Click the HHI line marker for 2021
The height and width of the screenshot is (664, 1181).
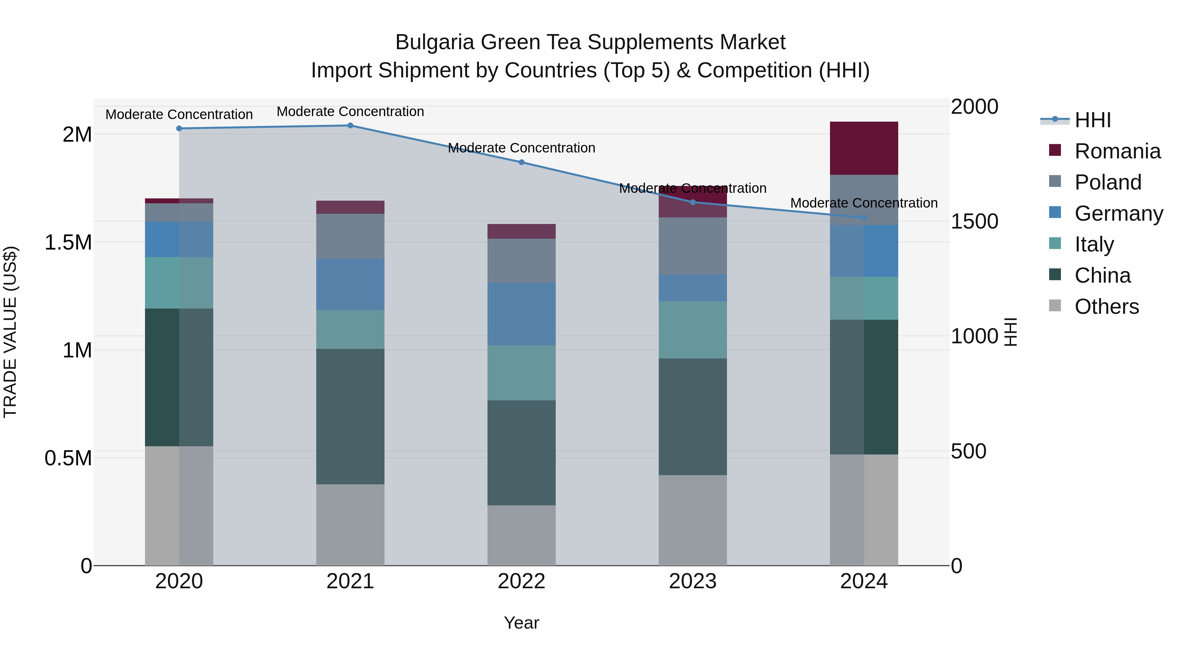[350, 125]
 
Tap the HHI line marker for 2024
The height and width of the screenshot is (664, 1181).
[864, 217]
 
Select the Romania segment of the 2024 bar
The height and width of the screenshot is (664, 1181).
[864, 148]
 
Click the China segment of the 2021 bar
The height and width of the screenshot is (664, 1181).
[350, 416]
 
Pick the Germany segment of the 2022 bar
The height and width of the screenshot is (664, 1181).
[521, 314]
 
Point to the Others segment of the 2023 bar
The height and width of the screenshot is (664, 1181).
[692, 520]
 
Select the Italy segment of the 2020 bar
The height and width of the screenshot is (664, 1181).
[179, 282]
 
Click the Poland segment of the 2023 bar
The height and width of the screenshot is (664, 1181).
[692, 246]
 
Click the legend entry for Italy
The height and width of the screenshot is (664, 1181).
[1094, 244]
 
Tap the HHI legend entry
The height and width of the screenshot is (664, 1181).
[1092, 120]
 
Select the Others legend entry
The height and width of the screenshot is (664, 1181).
[1106, 307]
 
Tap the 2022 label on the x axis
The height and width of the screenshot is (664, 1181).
[521, 581]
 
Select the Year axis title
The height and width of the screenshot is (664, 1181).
[521, 623]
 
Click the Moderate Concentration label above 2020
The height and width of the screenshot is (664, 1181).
[179, 114]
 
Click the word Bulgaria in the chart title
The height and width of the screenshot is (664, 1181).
[434, 42]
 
